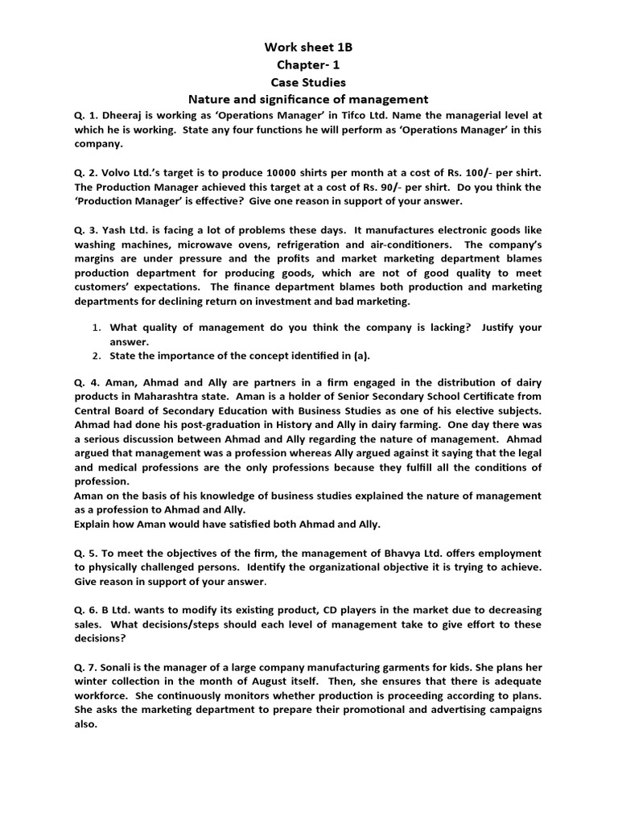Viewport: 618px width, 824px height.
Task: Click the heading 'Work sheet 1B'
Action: tap(309, 47)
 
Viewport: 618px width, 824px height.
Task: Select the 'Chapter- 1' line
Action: tap(309, 64)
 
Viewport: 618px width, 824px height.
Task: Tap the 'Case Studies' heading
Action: tap(309, 82)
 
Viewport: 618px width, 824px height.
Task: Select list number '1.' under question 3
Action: tap(95, 328)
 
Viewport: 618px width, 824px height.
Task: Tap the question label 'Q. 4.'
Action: tap(89, 383)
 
